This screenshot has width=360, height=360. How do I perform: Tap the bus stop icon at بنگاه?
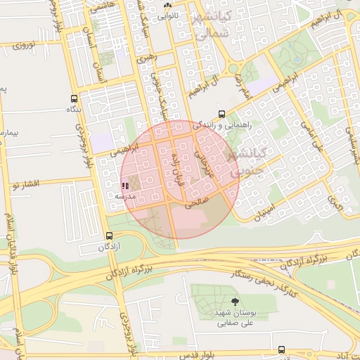pos(75,99)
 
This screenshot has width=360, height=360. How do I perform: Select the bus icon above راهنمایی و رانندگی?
pos(222,114)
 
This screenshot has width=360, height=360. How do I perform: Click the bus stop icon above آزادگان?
pos(109,236)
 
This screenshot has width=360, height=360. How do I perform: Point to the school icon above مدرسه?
pos(125,186)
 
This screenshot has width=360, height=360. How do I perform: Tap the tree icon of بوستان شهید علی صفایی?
pos(225,302)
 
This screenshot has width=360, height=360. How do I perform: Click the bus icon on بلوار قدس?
pos(282,349)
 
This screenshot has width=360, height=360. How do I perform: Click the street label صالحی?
pos(197,205)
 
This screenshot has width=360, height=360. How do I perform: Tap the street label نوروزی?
pos(29,46)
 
